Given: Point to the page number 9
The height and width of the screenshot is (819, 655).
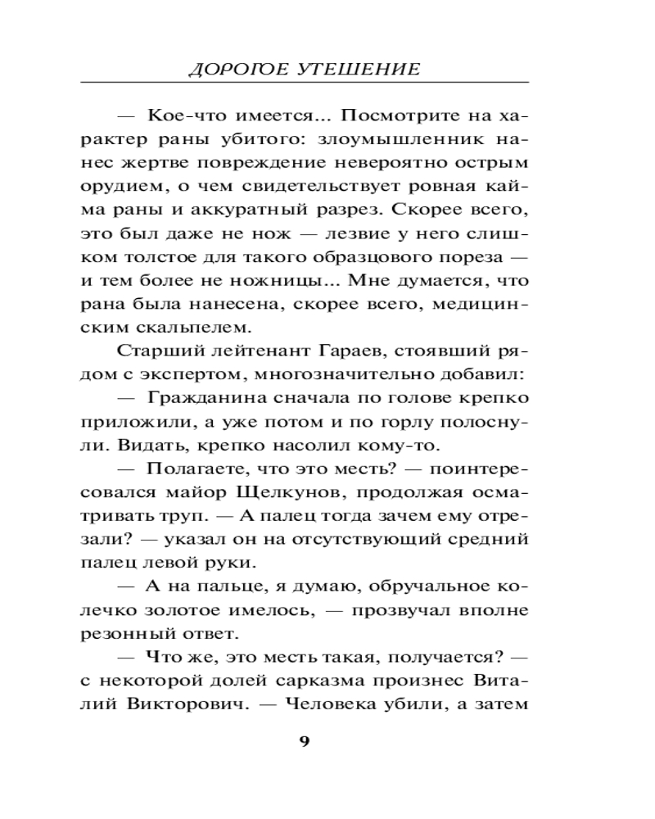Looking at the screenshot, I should tap(305, 742).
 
